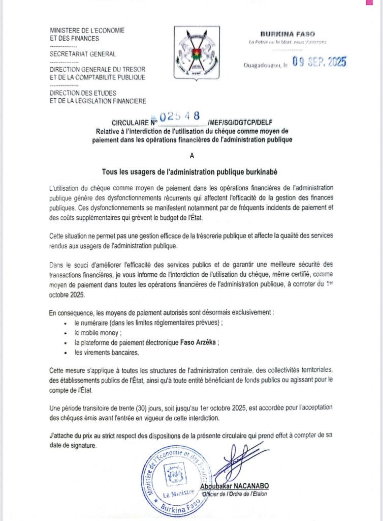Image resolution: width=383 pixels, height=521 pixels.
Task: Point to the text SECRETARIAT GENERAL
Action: click(x=83, y=54)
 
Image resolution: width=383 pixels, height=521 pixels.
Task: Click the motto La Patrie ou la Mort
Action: click(x=288, y=42)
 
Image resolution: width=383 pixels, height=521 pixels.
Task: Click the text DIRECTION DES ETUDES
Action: click(x=83, y=93)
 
